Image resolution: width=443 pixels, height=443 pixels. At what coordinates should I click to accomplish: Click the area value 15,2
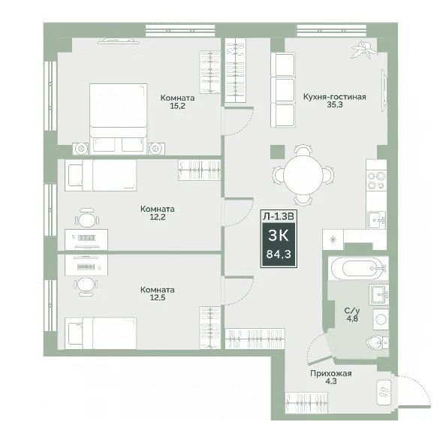pos(178,106)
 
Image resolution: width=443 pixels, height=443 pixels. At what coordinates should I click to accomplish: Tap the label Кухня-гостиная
pos(335,97)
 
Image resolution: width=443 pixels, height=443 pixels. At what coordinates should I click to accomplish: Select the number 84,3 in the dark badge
pos(279,255)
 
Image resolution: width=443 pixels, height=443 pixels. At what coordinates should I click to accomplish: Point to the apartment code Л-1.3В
pos(279,216)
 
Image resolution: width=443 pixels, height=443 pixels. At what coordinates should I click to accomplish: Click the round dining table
pos(303,174)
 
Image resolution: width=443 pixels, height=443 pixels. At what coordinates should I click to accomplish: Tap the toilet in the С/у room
pos(378,342)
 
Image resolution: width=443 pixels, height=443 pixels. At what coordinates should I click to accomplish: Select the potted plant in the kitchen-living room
pos(364,49)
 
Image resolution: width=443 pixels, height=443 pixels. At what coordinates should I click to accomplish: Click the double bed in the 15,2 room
pos(119,119)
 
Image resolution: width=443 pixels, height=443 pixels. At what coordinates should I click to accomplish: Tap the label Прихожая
pos(331,373)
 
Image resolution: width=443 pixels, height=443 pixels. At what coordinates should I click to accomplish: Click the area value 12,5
pos(158,297)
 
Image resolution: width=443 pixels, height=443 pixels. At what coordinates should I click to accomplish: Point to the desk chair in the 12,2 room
pos(87,218)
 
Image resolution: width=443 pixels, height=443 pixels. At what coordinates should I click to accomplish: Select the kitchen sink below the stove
pos(377,220)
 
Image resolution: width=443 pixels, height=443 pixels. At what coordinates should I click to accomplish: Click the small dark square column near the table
pos(277,152)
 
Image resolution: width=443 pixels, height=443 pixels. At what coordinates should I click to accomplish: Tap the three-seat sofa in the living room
pos(283,89)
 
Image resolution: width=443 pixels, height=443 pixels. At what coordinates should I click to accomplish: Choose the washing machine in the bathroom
pos(381,319)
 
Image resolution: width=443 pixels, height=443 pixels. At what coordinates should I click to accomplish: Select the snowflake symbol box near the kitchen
pos(333,240)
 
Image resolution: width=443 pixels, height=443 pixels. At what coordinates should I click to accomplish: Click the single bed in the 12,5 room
pos(101,333)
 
